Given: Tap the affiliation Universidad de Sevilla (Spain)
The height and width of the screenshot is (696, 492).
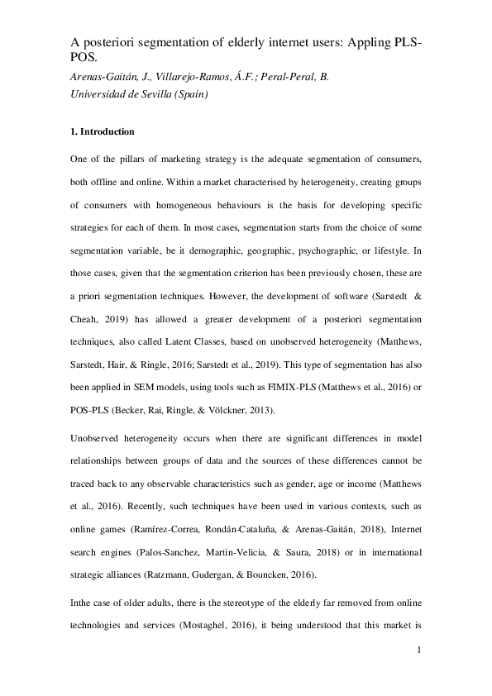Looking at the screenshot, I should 144,94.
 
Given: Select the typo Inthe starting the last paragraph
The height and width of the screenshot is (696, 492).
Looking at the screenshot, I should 83,606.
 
